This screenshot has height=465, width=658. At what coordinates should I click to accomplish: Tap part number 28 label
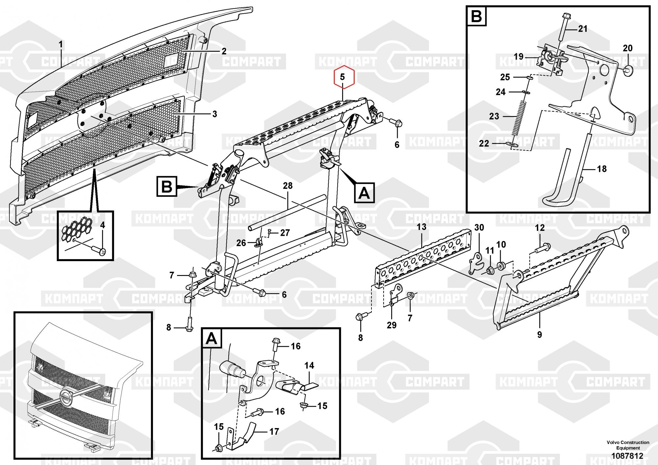pos(288,186)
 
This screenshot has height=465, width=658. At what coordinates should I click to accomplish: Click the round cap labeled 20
pos(628,70)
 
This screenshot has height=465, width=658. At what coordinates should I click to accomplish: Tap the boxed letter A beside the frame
pos(364,193)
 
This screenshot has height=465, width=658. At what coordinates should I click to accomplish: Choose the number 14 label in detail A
pos(309,366)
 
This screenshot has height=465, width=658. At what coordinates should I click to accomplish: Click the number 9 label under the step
pos(539,335)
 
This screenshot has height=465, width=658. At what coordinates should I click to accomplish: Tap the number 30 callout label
pos(479,228)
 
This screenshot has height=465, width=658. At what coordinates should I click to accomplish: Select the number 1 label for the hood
pos(61,44)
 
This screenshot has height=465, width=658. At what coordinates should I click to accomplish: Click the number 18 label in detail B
pos(602,169)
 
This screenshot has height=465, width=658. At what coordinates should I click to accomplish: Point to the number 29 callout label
pos(392,325)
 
